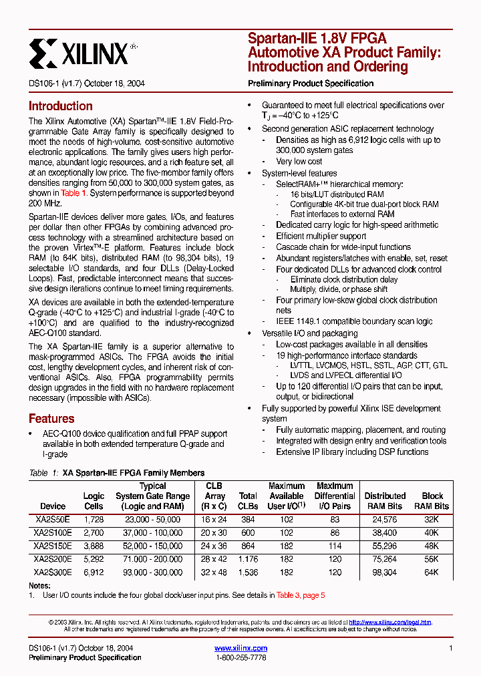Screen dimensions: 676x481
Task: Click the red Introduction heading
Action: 60,106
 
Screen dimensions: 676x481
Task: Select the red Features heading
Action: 51,419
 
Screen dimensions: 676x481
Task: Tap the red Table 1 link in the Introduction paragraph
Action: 74,193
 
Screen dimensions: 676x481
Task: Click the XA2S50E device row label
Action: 52,519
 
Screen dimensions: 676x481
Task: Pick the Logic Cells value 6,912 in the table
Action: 94,572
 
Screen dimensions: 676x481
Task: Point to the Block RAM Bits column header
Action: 432,501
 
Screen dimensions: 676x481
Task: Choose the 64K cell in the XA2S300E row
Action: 432,572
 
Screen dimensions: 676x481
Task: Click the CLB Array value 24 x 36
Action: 214,546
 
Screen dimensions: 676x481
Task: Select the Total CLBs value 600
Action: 248,532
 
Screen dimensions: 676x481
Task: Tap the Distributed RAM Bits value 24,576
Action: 385,519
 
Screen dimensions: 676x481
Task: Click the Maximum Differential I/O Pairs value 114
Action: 335,546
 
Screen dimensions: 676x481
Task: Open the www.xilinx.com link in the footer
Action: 240,648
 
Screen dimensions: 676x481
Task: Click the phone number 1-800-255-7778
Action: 240,658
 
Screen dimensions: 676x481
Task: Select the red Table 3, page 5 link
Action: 301,595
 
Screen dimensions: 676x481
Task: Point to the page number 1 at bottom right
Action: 451,649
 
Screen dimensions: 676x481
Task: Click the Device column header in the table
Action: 53,506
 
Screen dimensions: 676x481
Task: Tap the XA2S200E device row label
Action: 52,559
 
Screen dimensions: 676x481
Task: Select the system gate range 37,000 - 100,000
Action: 153,532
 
